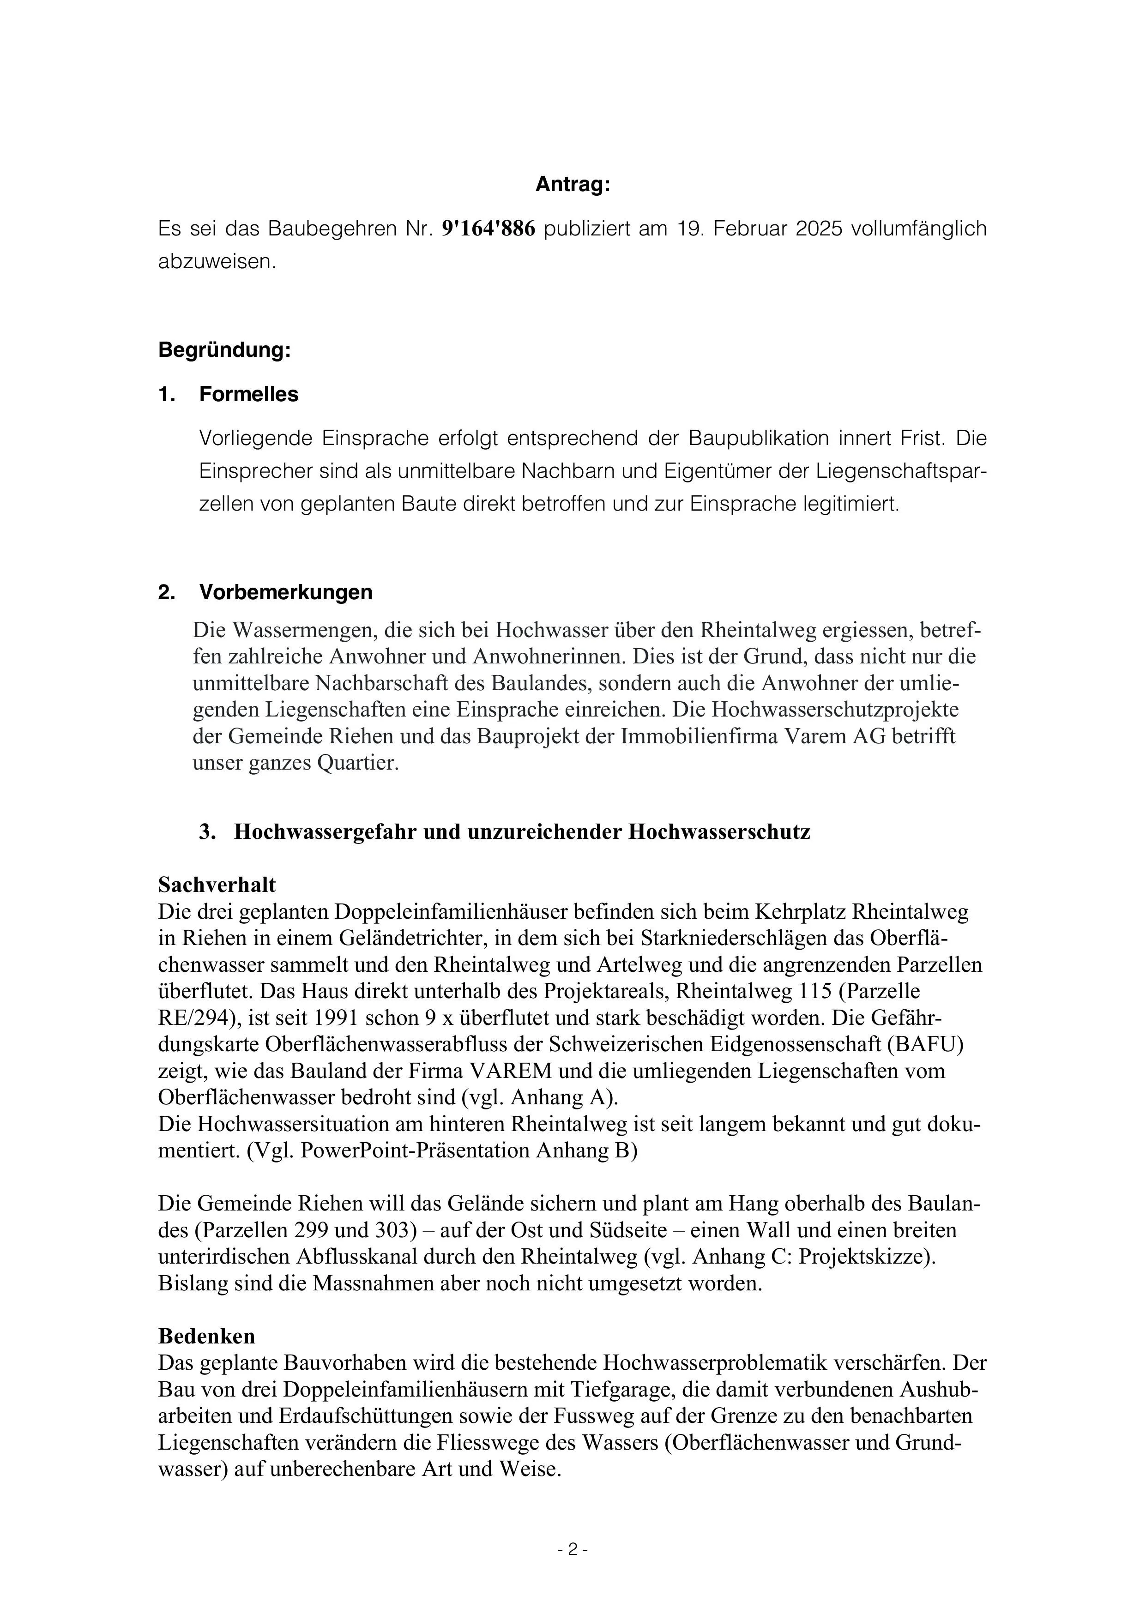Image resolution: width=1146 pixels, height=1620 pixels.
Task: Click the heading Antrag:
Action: point(572,185)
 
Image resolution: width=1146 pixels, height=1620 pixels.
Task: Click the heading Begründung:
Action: point(224,350)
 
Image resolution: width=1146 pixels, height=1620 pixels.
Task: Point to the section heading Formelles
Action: point(248,394)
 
